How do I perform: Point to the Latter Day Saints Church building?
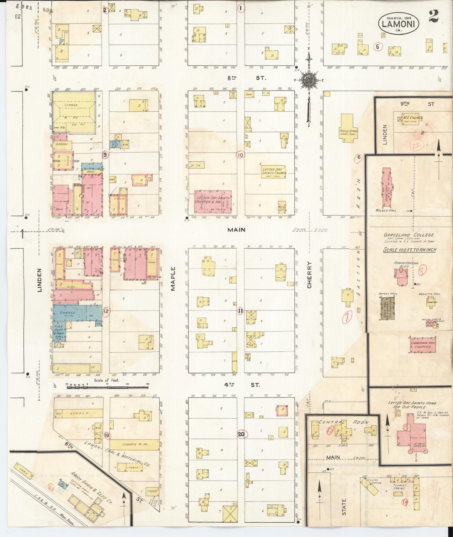click(x=274, y=171)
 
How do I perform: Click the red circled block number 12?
click(x=106, y=311)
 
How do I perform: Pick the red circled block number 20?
click(x=241, y=434)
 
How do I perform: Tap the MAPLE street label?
click(x=173, y=279)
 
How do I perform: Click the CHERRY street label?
click(x=310, y=275)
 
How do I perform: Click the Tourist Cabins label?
click(x=399, y=487)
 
